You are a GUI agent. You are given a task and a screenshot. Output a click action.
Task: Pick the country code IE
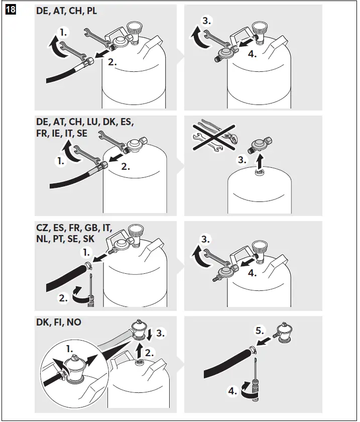tap(59, 133)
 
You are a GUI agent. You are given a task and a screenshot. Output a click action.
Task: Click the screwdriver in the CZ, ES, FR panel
tap(91, 289)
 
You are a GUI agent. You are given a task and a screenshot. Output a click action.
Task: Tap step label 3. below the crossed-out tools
tap(243, 161)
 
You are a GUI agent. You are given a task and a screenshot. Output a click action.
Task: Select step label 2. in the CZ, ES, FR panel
tap(63, 298)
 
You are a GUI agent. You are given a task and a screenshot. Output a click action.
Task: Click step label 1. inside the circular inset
tap(69, 347)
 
